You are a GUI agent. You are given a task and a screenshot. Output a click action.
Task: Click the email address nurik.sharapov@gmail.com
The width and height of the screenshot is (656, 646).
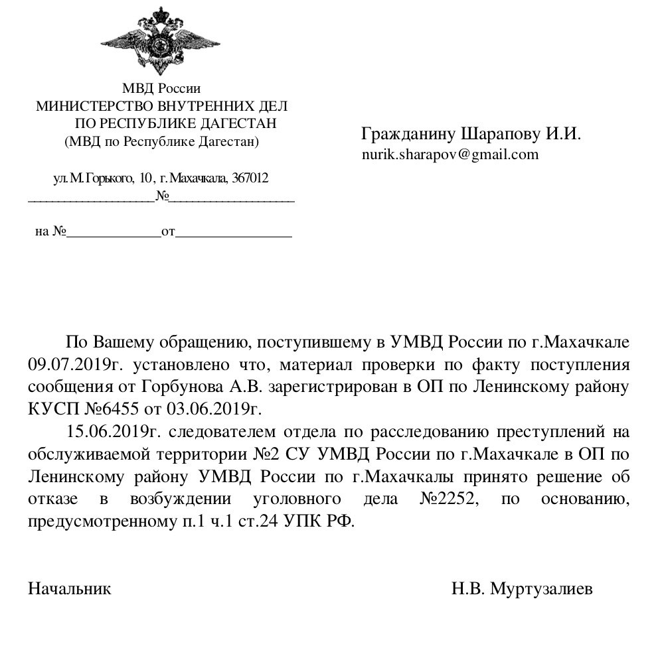(x=450, y=155)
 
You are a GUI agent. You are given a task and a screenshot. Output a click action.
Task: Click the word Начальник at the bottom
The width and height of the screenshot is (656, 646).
(x=69, y=588)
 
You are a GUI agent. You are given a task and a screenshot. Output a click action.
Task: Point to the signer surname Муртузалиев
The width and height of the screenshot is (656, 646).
(x=541, y=588)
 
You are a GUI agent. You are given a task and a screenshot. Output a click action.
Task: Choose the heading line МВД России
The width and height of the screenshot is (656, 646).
(x=161, y=88)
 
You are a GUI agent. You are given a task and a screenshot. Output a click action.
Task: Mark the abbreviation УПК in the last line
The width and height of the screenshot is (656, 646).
(x=302, y=520)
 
